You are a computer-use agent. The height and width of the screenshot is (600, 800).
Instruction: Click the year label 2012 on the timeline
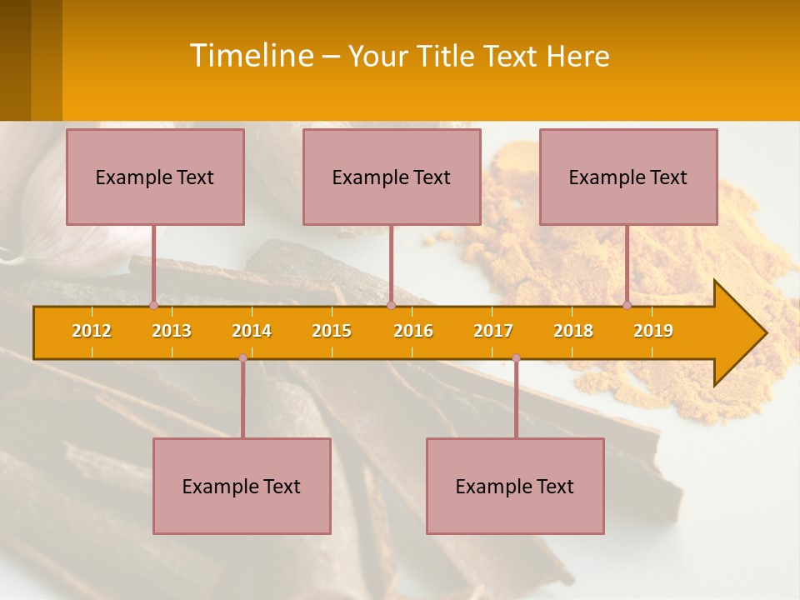coord(92,331)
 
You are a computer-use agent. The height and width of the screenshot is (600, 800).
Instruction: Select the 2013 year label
coord(172,331)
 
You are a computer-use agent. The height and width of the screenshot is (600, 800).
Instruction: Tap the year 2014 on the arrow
coord(252,331)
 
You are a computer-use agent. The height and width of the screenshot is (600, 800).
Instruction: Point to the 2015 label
coord(332,331)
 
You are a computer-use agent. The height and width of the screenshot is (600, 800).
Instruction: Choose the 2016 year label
coord(413,331)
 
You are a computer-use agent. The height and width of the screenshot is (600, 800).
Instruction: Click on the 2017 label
coord(493,331)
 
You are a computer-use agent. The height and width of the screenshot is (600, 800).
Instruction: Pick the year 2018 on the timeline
coord(573,331)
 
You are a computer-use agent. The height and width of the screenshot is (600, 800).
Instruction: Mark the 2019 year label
coord(653,331)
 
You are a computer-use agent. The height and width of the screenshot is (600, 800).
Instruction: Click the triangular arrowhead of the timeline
coord(737,333)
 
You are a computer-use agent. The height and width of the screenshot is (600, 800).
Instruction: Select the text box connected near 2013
coord(155,177)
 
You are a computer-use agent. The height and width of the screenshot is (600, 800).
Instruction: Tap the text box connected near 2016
coord(392,177)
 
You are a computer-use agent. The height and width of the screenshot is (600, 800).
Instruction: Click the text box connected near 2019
coord(628,177)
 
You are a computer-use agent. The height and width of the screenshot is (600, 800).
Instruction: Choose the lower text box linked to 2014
coord(242,486)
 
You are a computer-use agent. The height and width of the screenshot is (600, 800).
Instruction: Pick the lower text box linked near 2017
coord(515,486)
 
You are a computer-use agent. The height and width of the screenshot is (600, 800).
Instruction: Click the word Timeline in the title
coord(250,56)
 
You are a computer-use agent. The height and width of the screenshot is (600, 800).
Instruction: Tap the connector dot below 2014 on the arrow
coord(242,358)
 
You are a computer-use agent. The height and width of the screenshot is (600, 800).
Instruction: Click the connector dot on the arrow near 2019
coord(627,305)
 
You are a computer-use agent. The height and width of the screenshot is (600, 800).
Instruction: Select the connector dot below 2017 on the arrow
coord(516,358)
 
